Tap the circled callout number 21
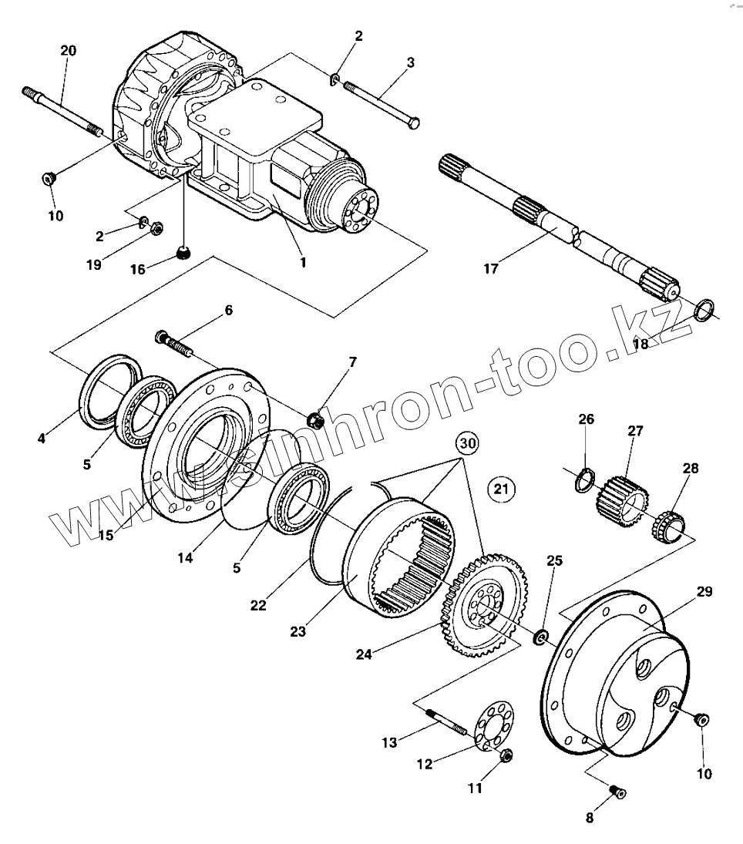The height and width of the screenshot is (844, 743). click(x=501, y=489)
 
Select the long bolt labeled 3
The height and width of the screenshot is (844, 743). click(x=382, y=105)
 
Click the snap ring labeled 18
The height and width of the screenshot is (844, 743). click(x=702, y=311)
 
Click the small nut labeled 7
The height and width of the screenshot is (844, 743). click(x=314, y=421)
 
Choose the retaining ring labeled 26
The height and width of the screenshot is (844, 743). click(x=585, y=481)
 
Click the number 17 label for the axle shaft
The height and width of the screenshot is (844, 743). click(x=491, y=268)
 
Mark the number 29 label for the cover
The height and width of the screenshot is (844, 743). click(x=704, y=592)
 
